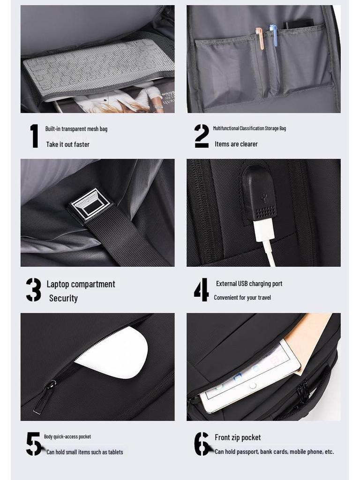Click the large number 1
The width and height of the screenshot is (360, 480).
pos(34,136)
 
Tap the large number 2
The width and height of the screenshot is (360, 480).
pos(202,136)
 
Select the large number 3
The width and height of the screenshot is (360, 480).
pos(33,290)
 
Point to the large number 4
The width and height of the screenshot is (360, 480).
pos(201,290)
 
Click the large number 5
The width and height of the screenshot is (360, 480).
pos(34,443)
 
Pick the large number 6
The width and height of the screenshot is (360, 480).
pos(202,443)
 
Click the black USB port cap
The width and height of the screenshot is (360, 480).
pos(259,192)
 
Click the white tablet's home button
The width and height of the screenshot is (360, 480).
pos(253,385)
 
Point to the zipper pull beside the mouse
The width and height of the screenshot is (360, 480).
pos(45,398)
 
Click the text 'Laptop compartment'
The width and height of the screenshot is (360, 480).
pos(81,284)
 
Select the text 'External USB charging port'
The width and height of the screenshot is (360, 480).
pos(249,284)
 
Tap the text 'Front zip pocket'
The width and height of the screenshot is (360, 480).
pos(238,437)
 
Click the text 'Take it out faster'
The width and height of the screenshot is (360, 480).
pos(67,144)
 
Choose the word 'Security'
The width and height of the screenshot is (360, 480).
pos(63,298)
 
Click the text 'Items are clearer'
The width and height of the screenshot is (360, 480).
pos(236,144)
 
